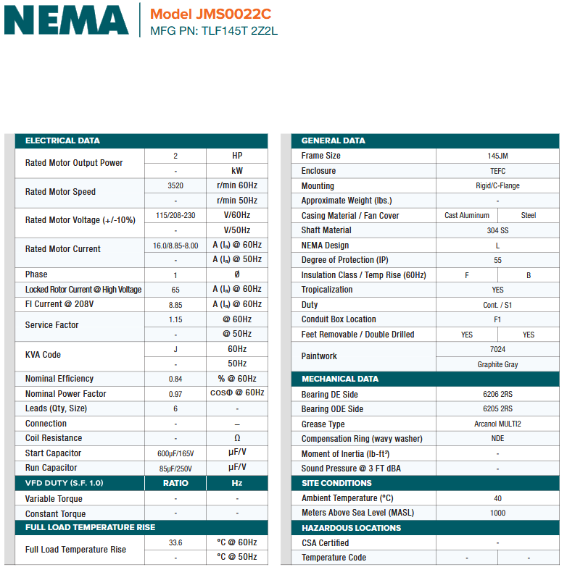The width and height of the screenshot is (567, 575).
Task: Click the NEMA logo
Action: tap(66, 20)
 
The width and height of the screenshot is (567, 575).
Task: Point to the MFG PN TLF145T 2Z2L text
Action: tap(214, 31)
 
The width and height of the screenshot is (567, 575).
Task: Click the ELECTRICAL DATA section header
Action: tap(62, 140)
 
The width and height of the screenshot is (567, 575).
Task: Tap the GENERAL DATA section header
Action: tap(333, 140)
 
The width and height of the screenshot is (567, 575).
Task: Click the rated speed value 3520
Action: tap(175, 185)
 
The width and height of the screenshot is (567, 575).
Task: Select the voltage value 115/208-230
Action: tap(175, 215)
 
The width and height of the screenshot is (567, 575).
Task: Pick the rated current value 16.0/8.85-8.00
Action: tap(175, 245)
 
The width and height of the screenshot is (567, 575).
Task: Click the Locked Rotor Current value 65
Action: tap(175, 290)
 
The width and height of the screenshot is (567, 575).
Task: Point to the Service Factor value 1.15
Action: tap(175, 319)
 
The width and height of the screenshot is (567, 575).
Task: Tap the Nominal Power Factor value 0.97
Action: tap(175, 394)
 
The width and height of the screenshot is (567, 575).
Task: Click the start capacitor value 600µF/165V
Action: tap(175, 453)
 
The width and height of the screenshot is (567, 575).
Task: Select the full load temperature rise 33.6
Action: tap(175, 542)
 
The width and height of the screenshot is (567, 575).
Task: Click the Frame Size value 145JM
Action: tap(497, 156)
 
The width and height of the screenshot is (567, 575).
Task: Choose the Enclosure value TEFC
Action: tap(497, 171)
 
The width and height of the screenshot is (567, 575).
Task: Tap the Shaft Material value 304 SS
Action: tap(497, 230)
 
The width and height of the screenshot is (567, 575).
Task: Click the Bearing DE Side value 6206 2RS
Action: tap(497, 395)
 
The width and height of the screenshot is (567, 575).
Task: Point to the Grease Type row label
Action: tap(323, 424)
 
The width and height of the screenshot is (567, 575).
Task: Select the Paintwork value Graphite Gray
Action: tap(497, 364)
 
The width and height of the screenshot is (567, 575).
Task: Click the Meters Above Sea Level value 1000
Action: tap(497, 513)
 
